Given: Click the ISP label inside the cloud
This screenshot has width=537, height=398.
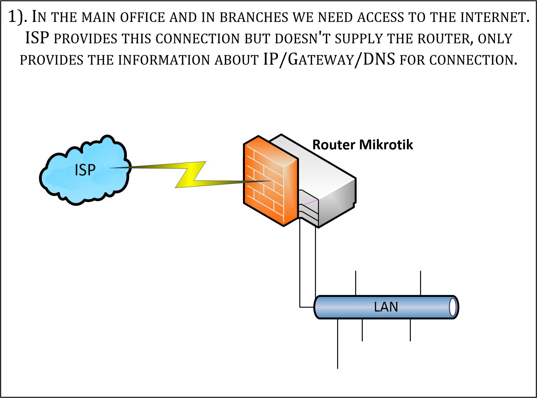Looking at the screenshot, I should click(85, 170).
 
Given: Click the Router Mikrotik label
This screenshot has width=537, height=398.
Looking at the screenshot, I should click(362, 145).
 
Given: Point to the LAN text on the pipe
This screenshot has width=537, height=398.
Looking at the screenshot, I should click(386, 307).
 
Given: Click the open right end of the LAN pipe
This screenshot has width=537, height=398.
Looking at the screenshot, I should click(453, 307).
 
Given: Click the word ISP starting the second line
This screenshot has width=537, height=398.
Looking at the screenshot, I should click(37, 38).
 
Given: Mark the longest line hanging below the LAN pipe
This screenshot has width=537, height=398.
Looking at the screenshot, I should click(337, 345).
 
